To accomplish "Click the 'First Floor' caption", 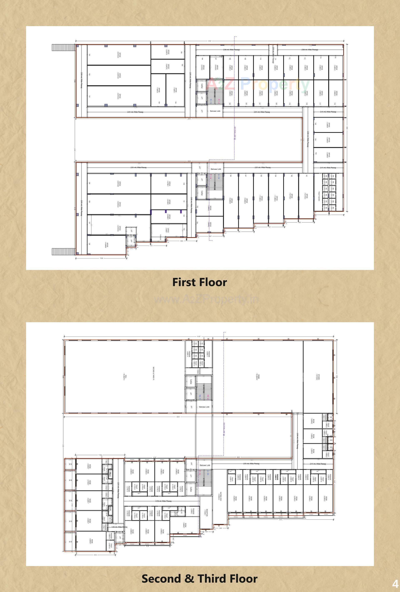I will tap(200, 282).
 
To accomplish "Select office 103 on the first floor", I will tap(119, 55).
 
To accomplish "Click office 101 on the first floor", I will tap(119, 96).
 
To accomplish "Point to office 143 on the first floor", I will tap(328, 140).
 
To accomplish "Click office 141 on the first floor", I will tap(306, 196).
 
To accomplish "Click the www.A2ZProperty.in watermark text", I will tap(206, 299).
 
